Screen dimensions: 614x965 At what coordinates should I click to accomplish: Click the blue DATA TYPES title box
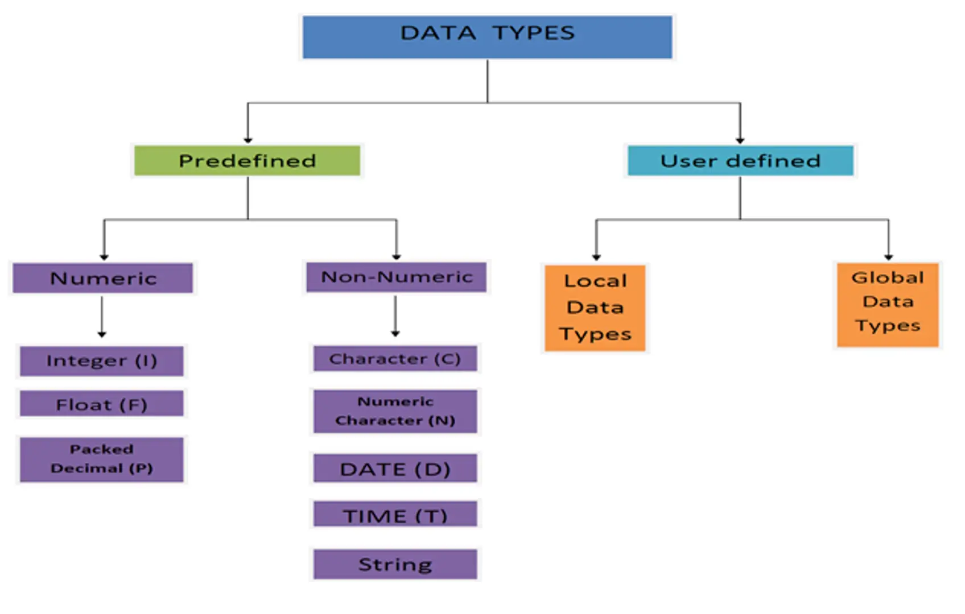coord(487,37)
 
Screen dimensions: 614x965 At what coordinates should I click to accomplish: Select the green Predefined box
coord(247,161)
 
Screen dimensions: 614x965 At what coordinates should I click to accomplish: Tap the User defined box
coord(740,161)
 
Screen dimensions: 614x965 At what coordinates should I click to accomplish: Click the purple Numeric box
coord(103,278)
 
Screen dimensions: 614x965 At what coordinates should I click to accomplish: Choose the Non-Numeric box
coord(396,277)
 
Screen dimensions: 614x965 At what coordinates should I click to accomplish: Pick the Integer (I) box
coord(102,361)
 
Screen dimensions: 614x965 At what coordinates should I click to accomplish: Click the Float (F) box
coord(102,404)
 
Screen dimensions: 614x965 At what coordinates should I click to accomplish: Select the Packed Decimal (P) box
coord(102,459)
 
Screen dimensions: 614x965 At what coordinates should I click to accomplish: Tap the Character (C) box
coord(395,359)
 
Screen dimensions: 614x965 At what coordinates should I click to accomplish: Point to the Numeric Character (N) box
coord(395,411)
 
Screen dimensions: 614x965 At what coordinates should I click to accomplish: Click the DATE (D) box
coord(395,468)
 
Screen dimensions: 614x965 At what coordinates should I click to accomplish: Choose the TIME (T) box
coord(395,515)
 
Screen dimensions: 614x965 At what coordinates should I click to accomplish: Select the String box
coord(395,564)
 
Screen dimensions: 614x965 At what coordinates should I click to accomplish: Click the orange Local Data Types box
coord(595,308)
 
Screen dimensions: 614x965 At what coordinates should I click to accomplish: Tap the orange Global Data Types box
coord(888,304)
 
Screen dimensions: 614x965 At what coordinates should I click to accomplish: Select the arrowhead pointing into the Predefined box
coord(248,140)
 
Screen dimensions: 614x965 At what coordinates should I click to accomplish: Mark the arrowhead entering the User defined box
coord(740,140)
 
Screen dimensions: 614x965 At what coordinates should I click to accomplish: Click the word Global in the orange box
coord(888,277)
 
